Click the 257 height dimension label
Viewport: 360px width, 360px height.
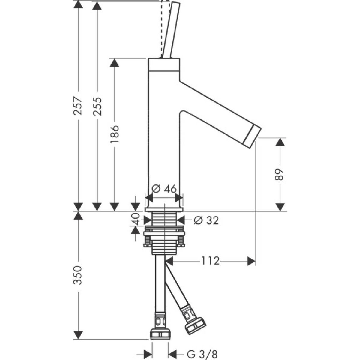click(x=78, y=106)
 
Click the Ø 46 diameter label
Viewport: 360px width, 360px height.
click(x=164, y=189)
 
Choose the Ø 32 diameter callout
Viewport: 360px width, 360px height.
click(x=207, y=220)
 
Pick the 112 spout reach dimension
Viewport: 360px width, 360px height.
click(x=210, y=261)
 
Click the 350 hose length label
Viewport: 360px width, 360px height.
click(x=78, y=275)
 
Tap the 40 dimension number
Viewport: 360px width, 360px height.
click(x=136, y=219)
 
